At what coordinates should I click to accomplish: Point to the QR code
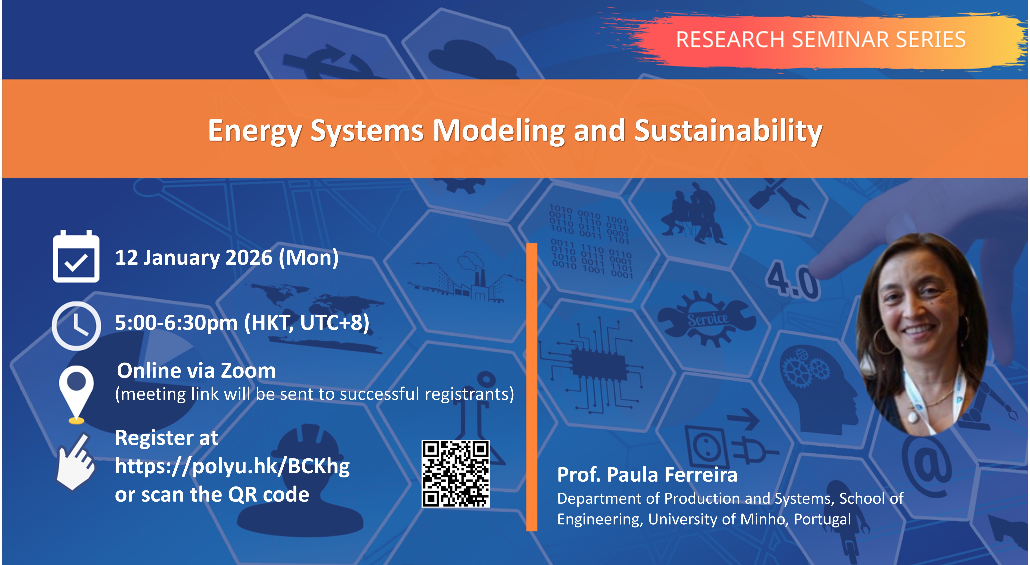point(456,474)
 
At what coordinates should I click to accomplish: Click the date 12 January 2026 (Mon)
point(227,257)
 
